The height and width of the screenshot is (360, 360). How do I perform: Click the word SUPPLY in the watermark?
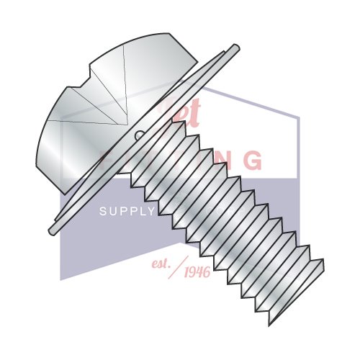click(127, 211)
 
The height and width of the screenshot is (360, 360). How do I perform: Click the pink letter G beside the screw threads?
click(252, 161)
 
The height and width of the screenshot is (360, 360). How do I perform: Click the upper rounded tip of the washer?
click(234, 49)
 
